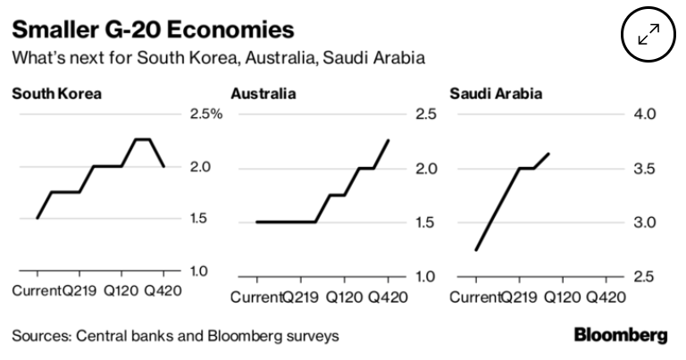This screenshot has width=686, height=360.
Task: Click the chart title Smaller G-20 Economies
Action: [152, 30]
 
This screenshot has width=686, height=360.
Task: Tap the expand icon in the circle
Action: [648, 35]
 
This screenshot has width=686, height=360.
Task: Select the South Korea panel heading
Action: [56, 93]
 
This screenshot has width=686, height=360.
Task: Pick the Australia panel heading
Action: [264, 93]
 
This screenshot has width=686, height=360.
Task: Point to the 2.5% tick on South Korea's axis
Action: [205, 114]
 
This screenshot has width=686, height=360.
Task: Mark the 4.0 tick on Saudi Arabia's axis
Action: [645, 114]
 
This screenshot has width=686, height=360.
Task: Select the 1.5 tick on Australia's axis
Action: [425, 222]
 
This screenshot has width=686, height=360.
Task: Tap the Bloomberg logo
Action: [620, 336]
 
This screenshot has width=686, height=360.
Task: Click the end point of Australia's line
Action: [389, 139]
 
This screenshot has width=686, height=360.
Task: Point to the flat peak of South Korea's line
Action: [143, 139]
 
